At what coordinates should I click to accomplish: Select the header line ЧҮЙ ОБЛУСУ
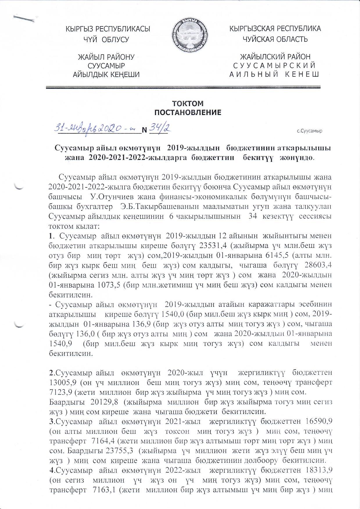[x=106, y=40]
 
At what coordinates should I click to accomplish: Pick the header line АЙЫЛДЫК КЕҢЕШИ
[x=106, y=75]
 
